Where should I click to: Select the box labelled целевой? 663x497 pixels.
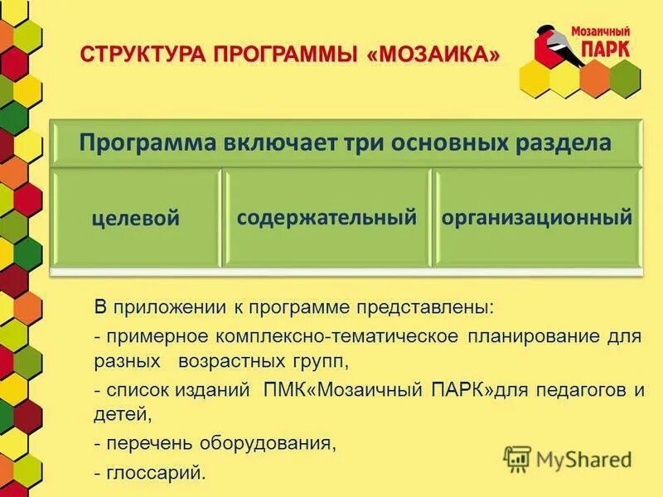click(x=136, y=219)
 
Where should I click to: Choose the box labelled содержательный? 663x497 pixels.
click(x=326, y=218)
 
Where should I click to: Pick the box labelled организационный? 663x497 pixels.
click(x=537, y=218)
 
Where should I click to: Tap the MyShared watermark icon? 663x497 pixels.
click(x=517, y=458)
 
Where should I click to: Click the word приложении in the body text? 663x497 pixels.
click(x=169, y=308)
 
